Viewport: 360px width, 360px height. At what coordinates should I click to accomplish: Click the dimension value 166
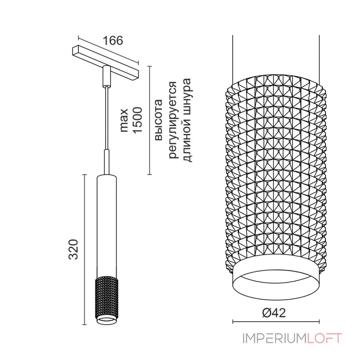tap(113, 40)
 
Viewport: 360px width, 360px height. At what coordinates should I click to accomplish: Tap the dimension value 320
tap(73, 249)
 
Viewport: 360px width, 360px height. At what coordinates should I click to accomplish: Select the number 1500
tap(138, 120)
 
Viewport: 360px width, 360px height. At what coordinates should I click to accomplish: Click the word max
tap(124, 120)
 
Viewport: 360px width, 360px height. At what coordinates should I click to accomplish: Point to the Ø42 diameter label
tap(274, 312)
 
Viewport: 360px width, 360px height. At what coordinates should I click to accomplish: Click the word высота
tap(159, 120)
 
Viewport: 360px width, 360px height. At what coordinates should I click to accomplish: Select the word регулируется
tap(173, 120)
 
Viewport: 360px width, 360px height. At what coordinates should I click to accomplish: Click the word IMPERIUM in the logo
tap(274, 338)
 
